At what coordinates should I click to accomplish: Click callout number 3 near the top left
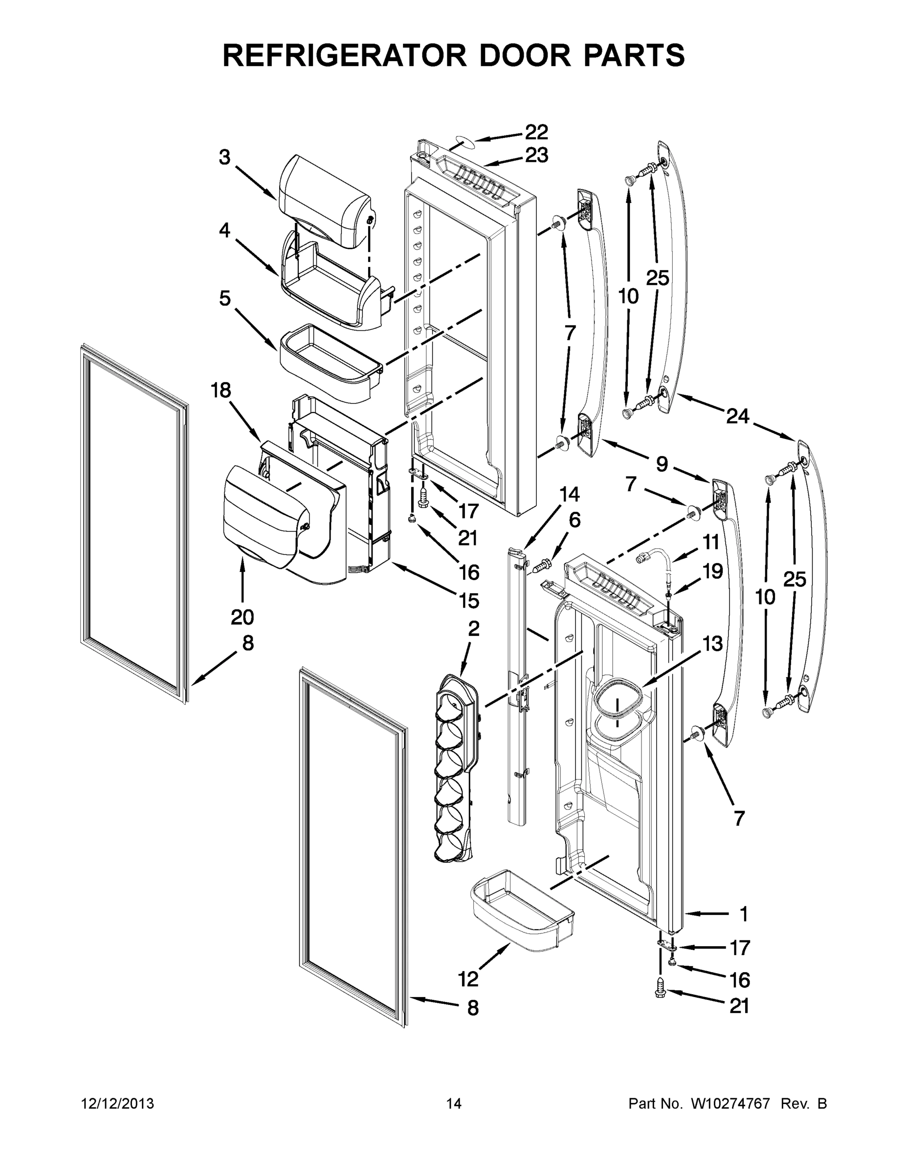tap(224, 157)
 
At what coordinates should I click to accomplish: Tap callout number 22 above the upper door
tap(536, 132)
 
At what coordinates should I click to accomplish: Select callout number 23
tap(536, 156)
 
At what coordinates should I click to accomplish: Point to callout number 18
tap(221, 391)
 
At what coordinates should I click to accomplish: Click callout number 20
tap(242, 617)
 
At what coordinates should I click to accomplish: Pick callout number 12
tap(468, 979)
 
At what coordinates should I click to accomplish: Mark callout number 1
tap(744, 913)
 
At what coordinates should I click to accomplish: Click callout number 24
tap(737, 416)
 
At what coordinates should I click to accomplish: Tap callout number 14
tap(570, 494)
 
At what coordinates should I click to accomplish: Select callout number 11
tap(711, 543)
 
